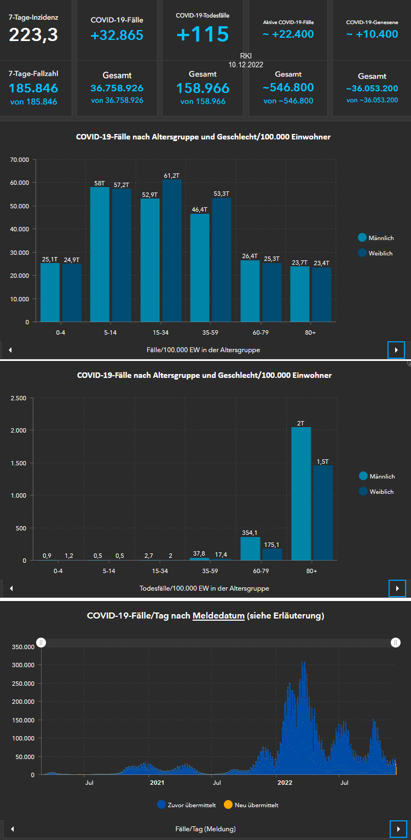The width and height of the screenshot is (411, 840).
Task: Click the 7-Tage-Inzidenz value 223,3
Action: click(33, 35)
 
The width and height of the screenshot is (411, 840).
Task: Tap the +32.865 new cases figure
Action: click(117, 36)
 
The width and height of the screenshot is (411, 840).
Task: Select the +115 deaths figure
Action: click(202, 34)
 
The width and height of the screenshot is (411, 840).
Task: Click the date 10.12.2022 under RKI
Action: click(246, 65)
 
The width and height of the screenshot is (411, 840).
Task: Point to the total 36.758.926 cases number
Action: click(117, 87)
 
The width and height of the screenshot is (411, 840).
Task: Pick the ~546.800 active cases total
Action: click(288, 87)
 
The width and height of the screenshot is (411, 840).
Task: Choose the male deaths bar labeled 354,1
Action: click(251, 549)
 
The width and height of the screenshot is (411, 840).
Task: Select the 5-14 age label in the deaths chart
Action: click(109, 571)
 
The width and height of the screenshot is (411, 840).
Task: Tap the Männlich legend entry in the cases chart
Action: click(376, 238)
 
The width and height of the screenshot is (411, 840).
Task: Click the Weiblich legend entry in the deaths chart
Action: click(377, 492)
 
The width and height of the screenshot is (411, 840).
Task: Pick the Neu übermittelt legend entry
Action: click(251, 805)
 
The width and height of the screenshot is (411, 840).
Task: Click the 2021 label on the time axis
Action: click(157, 783)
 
